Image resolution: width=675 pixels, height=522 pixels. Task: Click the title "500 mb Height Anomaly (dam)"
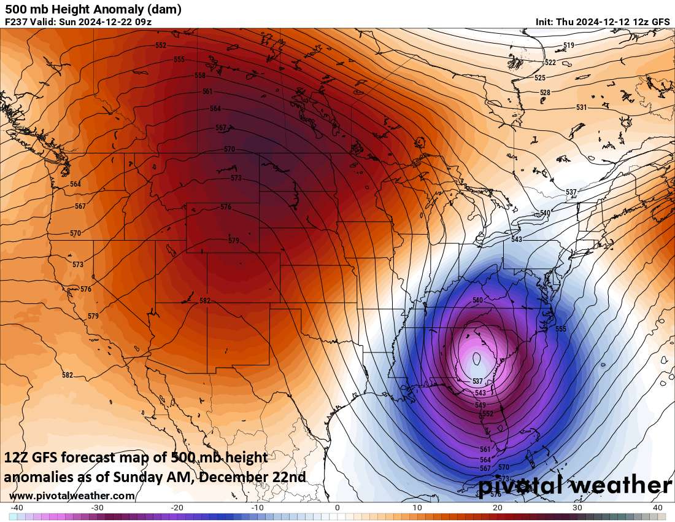93,9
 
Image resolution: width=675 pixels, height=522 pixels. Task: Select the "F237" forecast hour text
15,21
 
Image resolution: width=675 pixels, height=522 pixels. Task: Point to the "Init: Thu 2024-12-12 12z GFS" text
603,21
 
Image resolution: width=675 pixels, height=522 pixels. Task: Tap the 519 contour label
568,45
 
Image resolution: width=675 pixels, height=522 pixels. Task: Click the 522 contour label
550,63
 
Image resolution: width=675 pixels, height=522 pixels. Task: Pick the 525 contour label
539,78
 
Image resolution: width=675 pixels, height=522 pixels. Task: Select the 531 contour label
581,107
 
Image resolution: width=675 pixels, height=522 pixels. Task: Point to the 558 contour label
200,76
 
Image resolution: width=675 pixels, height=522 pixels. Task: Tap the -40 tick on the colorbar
17,507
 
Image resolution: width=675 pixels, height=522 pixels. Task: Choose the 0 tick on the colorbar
337,507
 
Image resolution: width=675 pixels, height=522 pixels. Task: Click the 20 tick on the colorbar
498,507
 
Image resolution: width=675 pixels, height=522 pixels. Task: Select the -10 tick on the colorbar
258,507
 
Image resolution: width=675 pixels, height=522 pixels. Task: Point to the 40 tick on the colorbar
657,507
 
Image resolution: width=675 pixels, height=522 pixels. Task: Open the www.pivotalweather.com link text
72,496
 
